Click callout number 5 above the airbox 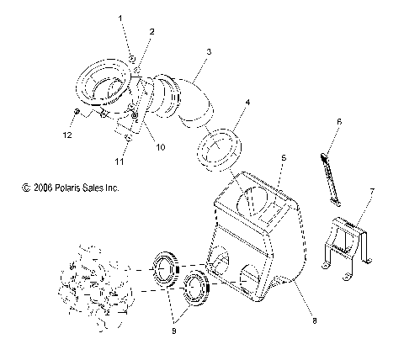[x=284, y=157]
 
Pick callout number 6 [x=338, y=122]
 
